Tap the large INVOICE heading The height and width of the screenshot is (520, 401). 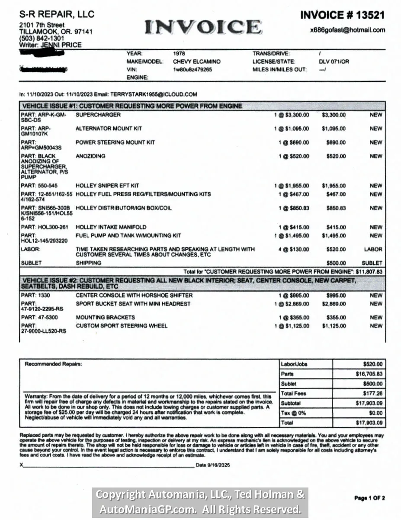(203, 27)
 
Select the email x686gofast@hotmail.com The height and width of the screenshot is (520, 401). (347, 30)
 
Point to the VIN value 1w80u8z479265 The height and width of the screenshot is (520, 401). (192, 69)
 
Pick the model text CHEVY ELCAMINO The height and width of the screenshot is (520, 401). (196, 62)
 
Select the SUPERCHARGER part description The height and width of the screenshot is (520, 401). (98, 115)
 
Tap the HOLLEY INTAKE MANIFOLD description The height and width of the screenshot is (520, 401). (111, 227)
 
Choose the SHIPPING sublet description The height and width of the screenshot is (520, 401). (88, 263)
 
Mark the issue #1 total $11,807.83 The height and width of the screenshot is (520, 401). (369, 271)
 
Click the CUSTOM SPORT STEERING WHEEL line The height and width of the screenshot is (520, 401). (122, 326)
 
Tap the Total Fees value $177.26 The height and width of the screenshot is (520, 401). (373, 393)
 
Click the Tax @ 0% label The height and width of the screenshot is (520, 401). (293, 413)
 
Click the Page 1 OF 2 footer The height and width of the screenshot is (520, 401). (369, 498)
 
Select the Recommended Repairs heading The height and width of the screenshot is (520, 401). (53, 364)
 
